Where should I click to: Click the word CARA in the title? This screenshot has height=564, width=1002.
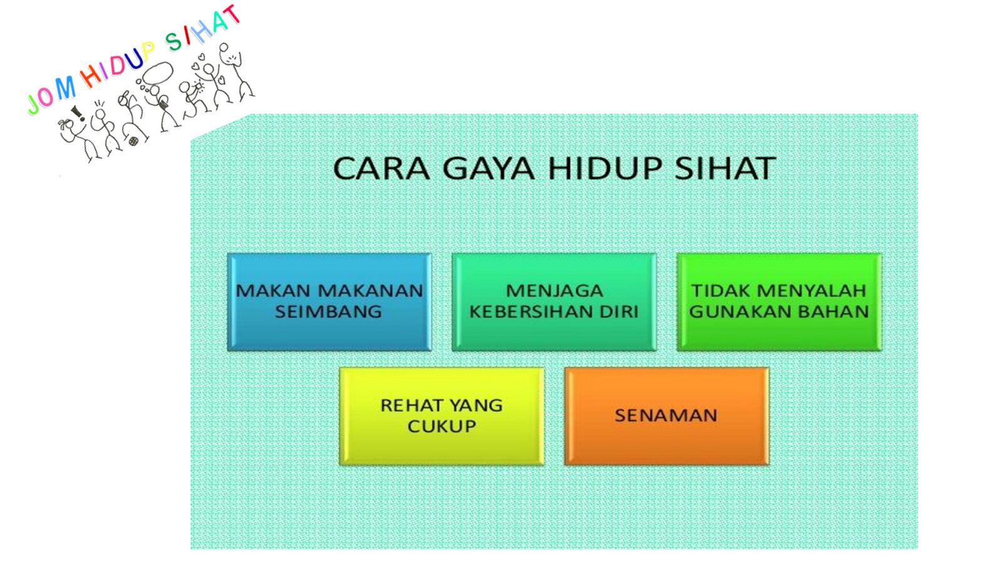tap(381, 169)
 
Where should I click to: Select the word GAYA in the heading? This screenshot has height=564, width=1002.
tap(488, 169)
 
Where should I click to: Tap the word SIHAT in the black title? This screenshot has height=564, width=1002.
tap(725, 169)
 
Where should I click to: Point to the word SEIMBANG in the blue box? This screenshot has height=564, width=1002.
tap(328, 311)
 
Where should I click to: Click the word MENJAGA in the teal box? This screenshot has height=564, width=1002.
tap(554, 291)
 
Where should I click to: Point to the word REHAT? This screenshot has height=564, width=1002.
tap(411, 405)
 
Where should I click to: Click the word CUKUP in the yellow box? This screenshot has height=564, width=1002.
tap(442, 426)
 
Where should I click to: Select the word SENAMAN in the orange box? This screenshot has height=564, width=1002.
tap(666, 416)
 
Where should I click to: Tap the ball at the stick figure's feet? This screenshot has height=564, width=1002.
tap(133, 142)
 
